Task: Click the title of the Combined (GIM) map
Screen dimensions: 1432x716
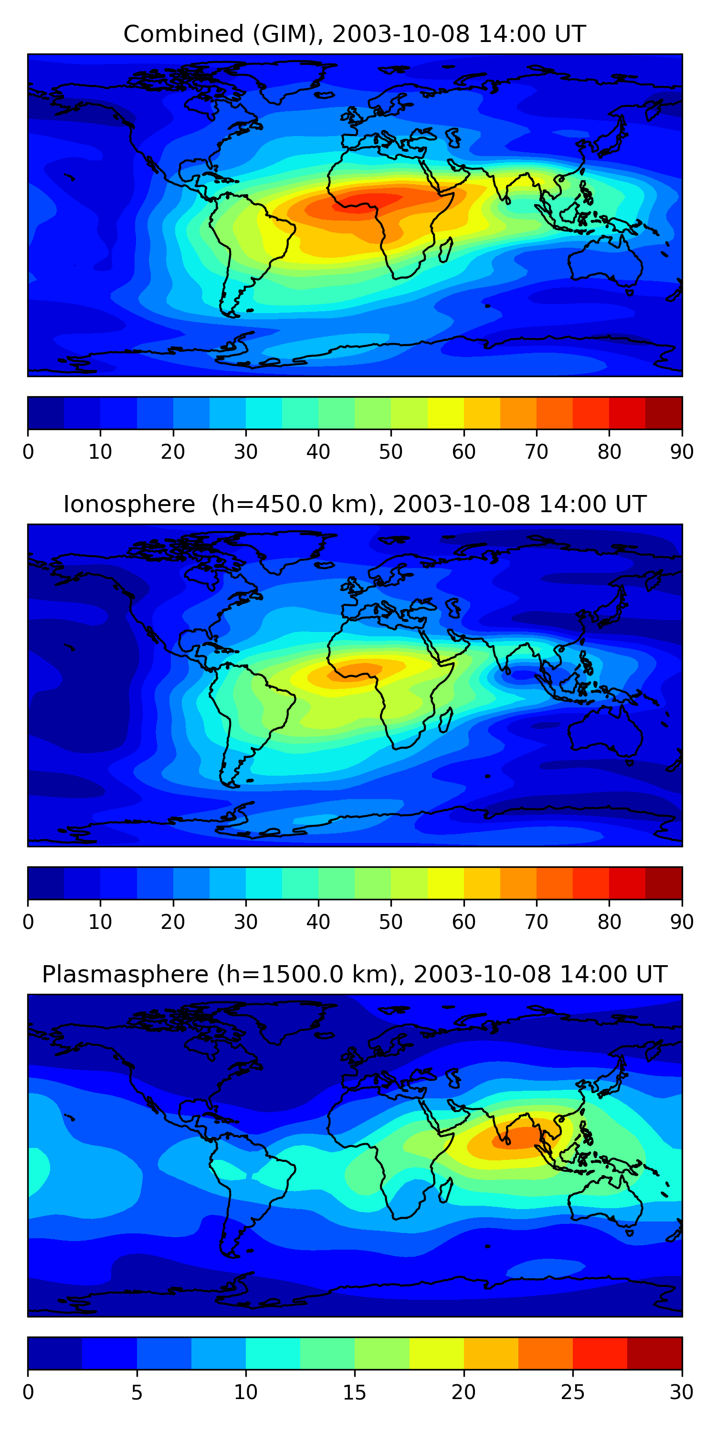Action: coord(354,34)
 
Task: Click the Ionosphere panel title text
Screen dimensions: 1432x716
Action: coord(354,504)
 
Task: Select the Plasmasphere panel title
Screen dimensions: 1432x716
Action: coord(354,975)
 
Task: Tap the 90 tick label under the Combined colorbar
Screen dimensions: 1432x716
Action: coord(682,452)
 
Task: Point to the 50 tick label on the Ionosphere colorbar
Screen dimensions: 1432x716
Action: coord(391,922)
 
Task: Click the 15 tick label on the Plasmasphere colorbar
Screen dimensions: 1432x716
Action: coord(354,1392)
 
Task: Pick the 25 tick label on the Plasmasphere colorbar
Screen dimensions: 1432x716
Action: coord(573,1392)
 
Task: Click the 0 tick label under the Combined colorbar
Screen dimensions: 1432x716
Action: coord(28,452)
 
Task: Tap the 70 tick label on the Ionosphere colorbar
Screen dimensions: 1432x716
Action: coord(537,922)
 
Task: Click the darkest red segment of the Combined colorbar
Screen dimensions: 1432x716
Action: coord(664,413)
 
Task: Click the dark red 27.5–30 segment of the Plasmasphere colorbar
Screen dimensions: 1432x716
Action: coord(654,1353)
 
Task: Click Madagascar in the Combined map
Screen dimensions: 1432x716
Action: coord(446,250)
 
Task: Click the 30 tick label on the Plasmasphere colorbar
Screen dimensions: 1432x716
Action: coord(682,1392)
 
